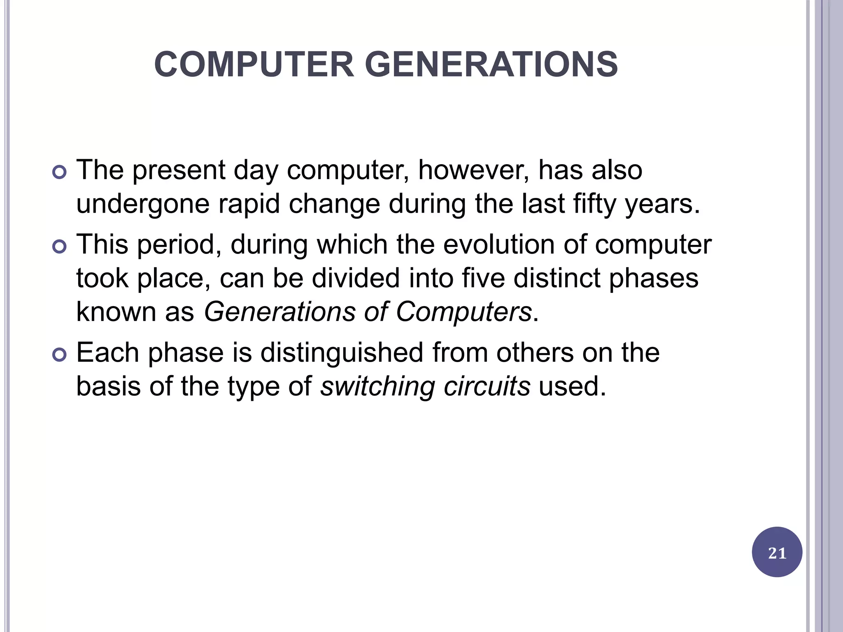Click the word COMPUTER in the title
pos(254,65)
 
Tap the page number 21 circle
pos(777,553)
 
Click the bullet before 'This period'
pos(60,246)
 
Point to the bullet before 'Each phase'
pos(60,355)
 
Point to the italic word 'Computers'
pos(464,311)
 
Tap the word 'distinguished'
pos(342,353)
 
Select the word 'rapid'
pos(249,204)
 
